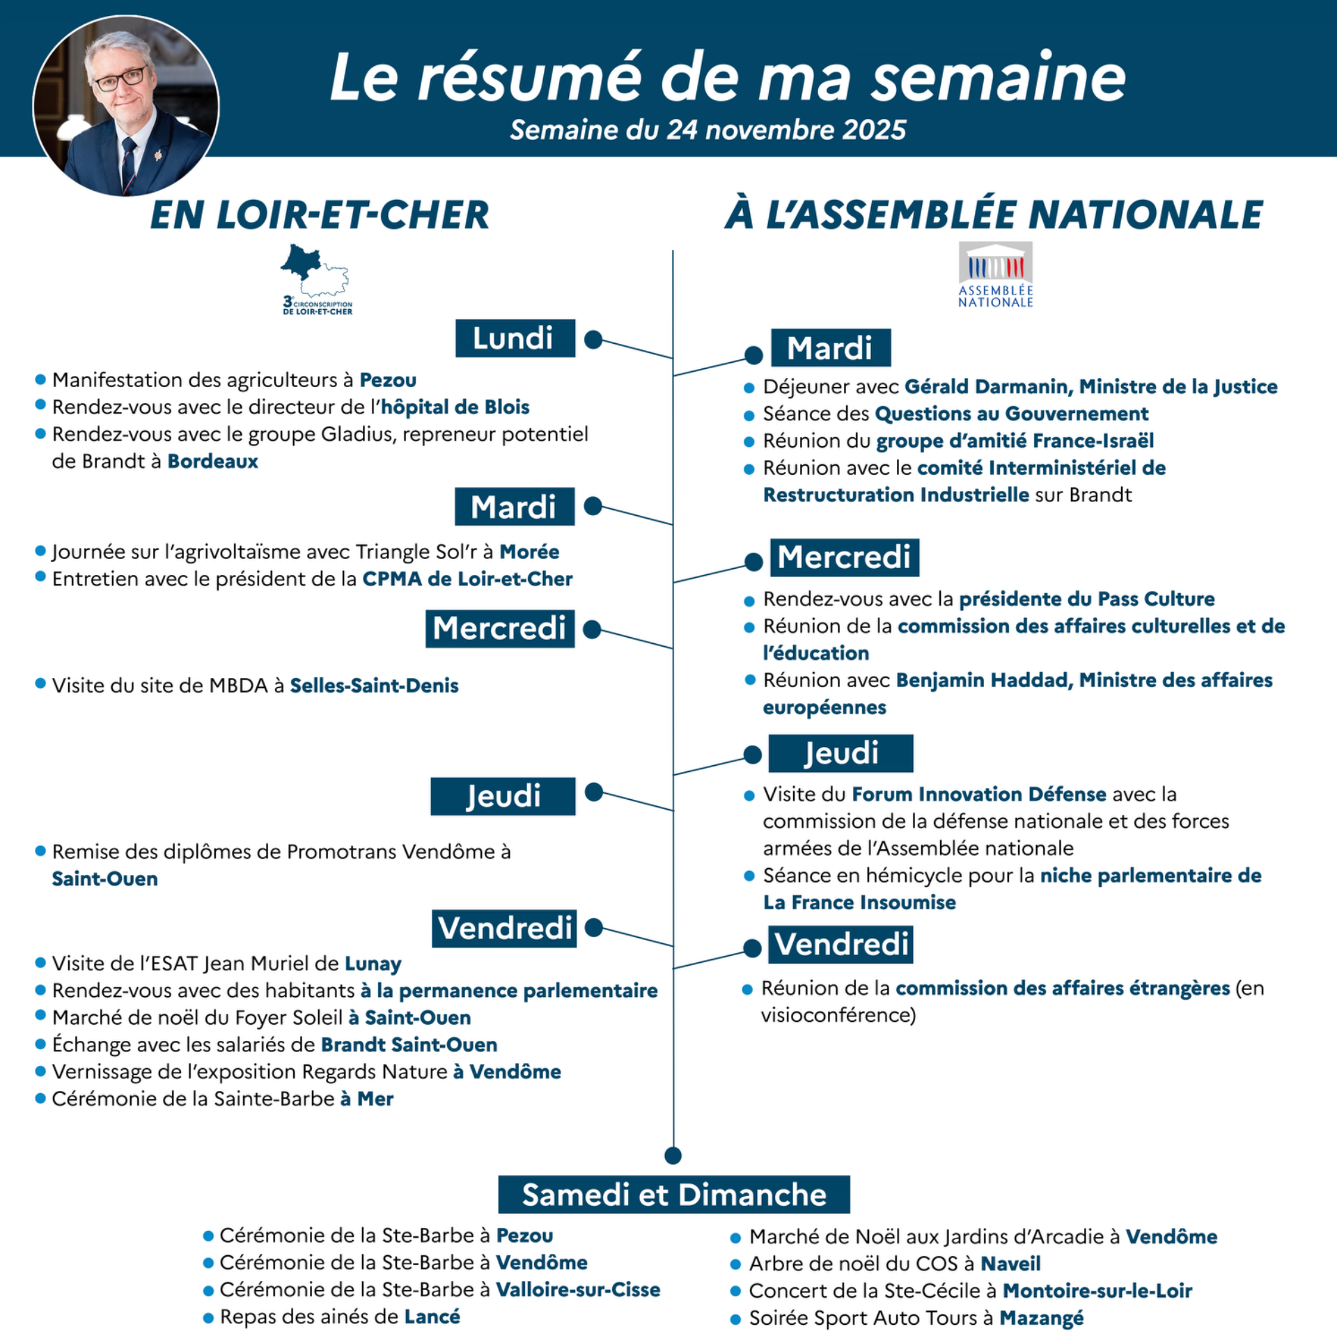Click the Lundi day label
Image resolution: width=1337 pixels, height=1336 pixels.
click(x=515, y=338)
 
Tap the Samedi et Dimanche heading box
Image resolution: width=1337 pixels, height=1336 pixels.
click(x=673, y=1195)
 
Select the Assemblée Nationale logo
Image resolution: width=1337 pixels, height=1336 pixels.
click(x=995, y=274)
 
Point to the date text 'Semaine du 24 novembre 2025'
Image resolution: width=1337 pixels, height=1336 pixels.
click(x=707, y=130)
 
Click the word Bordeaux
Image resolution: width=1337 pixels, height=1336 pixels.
click(x=212, y=462)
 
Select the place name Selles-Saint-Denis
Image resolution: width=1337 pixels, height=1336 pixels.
click(x=374, y=686)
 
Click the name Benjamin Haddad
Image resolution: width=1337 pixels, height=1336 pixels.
click(x=983, y=680)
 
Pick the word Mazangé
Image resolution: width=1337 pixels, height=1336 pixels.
click(x=1041, y=1318)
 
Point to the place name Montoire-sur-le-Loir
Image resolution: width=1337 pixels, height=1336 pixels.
click(x=1097, y=1291)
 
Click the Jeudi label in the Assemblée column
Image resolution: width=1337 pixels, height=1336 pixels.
click(x=840, y=753)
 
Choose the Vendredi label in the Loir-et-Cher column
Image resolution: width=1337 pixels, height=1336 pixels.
click(x=504, y=928)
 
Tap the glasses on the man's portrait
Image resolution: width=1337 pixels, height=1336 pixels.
click(x=121, y=79)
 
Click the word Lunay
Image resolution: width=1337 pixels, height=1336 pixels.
click(x=373, y=964)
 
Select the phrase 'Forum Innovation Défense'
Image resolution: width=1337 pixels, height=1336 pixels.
click(x=978, y=794)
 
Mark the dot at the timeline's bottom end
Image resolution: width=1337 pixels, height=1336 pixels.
click(x=673, y=1156)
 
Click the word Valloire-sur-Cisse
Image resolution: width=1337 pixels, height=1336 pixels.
click(x=577, y=1290)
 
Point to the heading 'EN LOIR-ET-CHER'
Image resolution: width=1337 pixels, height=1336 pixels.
click(x=320, y=214)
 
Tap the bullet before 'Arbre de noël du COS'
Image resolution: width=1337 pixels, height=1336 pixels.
click(x=735, y=1264)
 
